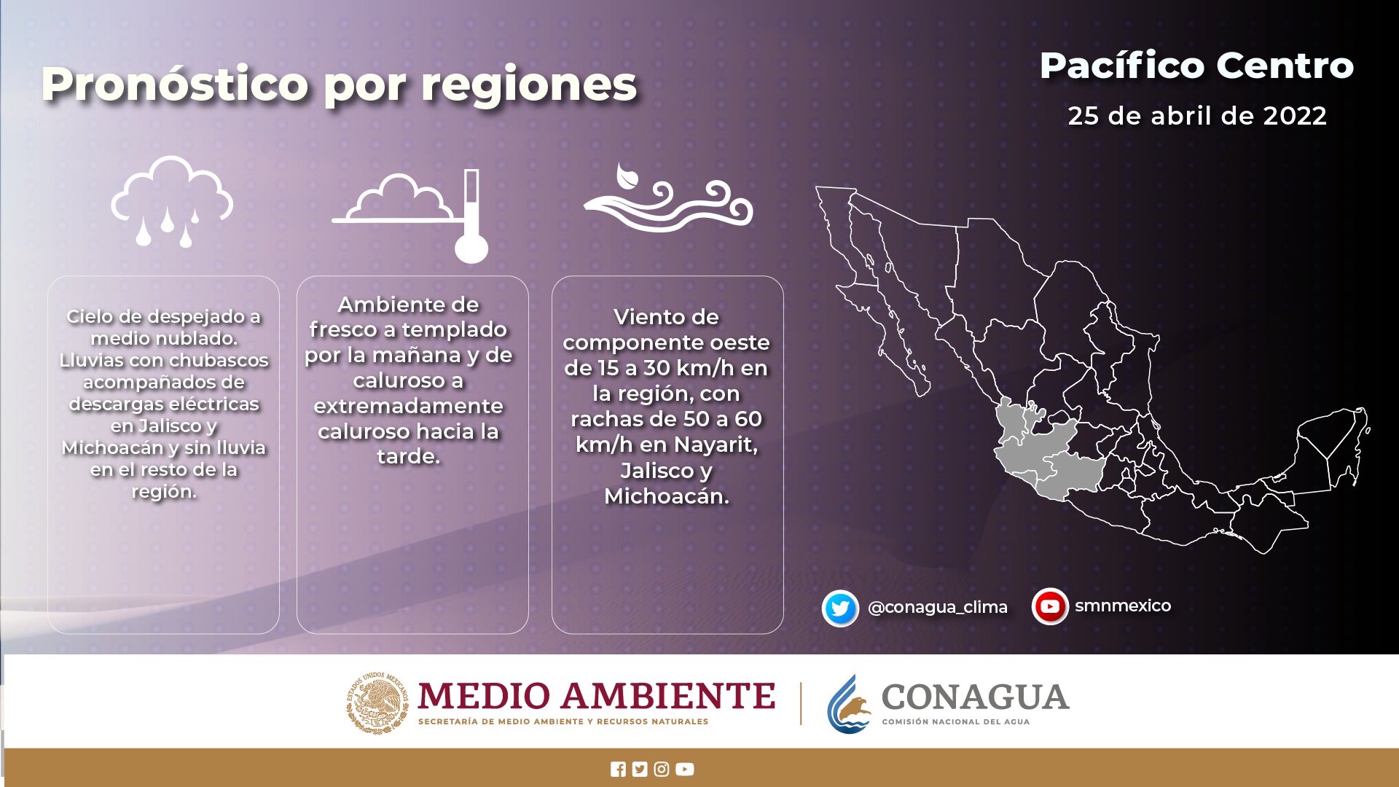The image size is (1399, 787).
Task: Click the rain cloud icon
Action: [x=172, y=201]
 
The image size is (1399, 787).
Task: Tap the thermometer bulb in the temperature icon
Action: [x=471, y=248]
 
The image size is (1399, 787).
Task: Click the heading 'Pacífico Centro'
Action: [x=1196, y=66]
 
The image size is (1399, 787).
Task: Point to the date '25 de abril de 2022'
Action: [x=1197, y=116]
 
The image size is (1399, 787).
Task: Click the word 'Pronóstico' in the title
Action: [x=176, y=85]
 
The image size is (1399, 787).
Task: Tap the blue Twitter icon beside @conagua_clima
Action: [x=840, y=608]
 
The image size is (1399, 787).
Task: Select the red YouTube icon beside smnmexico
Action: [x=1050, y=606]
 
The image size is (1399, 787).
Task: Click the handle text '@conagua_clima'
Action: [x=938, y=607]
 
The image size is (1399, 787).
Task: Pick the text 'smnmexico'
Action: [x=1123, y=606]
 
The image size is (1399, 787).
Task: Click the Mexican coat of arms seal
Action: [x=377, y=702]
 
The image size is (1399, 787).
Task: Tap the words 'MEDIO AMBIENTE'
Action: [x=597, y=695]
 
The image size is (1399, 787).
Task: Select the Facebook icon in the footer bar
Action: [x=618, y=770]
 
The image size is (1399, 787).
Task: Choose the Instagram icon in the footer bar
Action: [x=662, y=770]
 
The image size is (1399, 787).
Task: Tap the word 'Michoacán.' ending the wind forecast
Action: [x=667, y=496]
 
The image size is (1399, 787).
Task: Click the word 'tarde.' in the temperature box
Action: [x=409, y=457]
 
